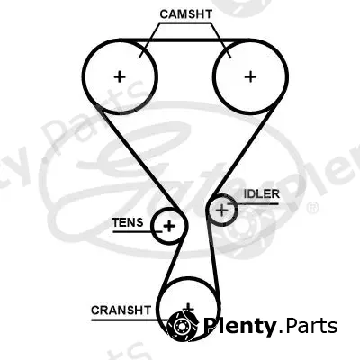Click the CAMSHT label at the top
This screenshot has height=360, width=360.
click(x=186, y=14)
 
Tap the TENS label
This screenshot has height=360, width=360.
click(x=128, y=222)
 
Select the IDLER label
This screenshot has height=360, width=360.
click(x=262, y=194)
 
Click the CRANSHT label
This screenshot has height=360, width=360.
click(x=121, y=310)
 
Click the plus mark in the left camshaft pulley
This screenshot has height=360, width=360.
click(x=120, y=77)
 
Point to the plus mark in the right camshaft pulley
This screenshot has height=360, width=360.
click(x=250, y=77)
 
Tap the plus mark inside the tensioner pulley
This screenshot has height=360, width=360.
click(x=169, y=226)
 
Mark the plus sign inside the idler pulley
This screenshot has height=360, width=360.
click(x=222, y=210)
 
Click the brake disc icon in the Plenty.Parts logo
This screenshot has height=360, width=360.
click(x=182, y=326)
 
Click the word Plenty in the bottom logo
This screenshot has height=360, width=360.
click(x=239, y=326)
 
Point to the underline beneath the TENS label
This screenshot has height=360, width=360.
click(x=138, y=231)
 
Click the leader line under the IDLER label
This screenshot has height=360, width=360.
click(x=253, y=204)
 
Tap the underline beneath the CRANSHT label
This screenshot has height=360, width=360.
click(x=129, y=320)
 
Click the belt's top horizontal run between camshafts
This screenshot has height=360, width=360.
click(x=185, y=40)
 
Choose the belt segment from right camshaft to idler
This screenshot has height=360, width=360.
click(x=242, y=153)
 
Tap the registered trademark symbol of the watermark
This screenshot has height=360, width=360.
click(x=312, y=207)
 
